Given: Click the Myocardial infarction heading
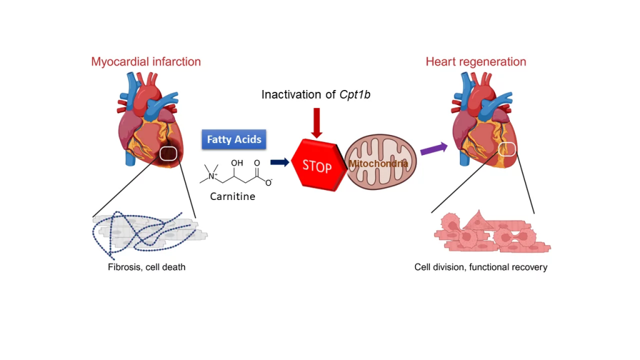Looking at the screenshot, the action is click(146, 62).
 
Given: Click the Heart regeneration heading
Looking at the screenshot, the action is click(476, 62).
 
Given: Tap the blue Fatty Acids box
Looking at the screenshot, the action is click(234, 139).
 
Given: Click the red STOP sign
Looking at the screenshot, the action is click(319, 165).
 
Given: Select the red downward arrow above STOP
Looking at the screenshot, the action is click(316, 123).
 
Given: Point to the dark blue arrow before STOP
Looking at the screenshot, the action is click(279, 162).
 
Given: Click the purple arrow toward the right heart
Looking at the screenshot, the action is click(434, 149).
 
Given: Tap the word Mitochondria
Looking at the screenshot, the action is click(378, 164).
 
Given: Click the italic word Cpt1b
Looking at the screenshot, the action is click(355, 95).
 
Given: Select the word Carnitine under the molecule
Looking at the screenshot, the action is click(232, 196).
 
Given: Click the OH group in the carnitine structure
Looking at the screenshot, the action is click(237, 163).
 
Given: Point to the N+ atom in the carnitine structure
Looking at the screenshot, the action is click(212, 176).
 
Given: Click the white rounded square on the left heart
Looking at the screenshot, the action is click(168, 154).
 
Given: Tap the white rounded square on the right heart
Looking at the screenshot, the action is click(507, 149).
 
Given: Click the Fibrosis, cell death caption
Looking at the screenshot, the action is click(146, 267).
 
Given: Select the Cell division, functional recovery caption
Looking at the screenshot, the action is click(481, 267).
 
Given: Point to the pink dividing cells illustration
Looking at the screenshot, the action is click(492, 231).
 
